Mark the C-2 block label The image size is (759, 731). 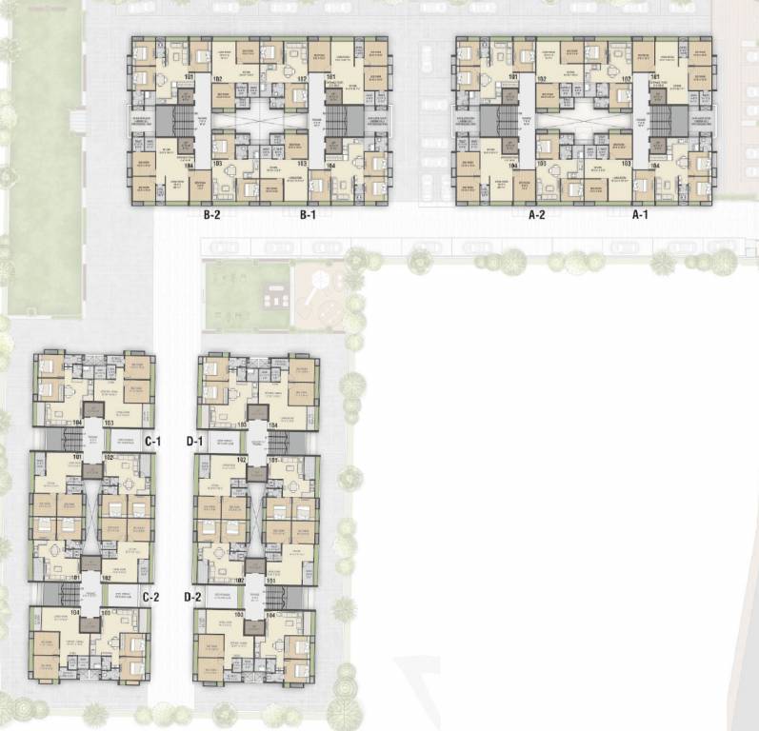click(150, 597)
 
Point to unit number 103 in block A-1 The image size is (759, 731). click(627, 165)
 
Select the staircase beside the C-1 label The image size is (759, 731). click(73, 441)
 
